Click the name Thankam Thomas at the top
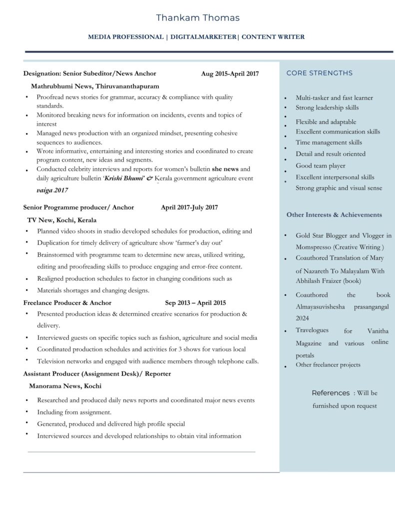197,18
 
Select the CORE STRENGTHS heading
319,73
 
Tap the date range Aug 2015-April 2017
230,74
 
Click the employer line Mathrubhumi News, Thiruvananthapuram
95,86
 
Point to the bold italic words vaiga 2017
52,190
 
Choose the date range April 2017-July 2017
189,207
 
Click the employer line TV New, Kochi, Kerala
62,220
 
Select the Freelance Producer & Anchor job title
67,302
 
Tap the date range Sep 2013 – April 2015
195,302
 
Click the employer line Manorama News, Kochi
65,386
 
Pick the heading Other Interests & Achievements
334,215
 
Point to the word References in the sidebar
331,393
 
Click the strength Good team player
320,165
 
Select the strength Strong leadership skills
327,107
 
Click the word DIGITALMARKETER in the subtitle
203,37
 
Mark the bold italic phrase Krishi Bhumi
124,178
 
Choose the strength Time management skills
329,142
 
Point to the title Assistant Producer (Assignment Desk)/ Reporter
97,373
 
